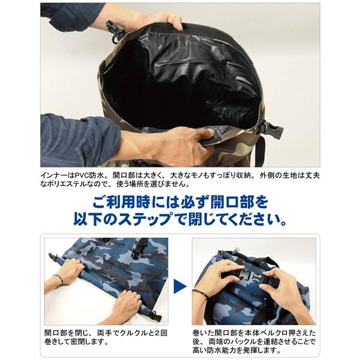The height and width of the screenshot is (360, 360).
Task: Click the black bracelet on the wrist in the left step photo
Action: (x=58, y=279)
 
